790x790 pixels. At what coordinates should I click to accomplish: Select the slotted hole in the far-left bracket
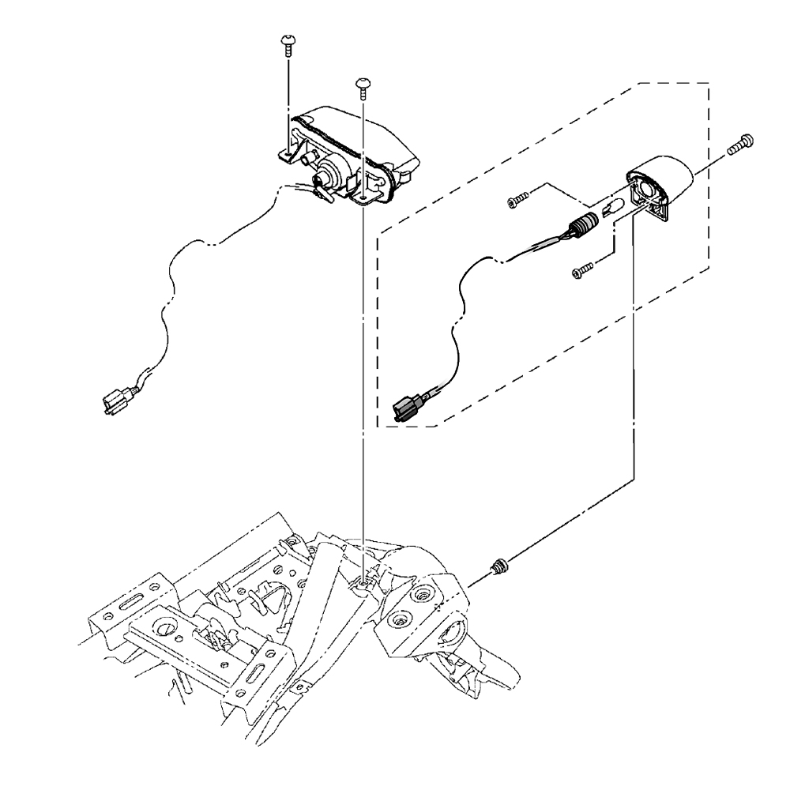[127, 603]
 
